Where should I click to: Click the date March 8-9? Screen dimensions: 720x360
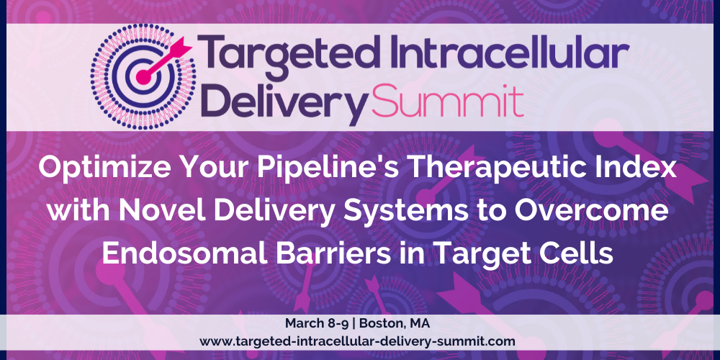[x=316, y=323]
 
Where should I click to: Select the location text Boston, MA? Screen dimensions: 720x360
[x=395, y=323]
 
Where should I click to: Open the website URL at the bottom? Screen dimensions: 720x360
[x=357, y=341]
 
